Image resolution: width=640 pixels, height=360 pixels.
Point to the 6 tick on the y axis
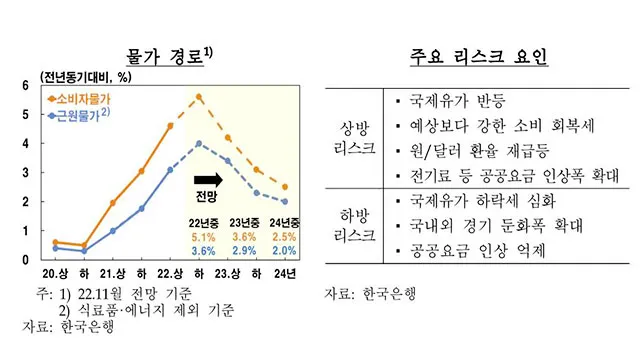(27, 86)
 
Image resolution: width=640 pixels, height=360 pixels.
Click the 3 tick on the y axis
(27, 173)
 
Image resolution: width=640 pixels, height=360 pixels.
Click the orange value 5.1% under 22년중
(203, 237)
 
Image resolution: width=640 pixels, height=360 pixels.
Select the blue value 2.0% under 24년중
(283, 252)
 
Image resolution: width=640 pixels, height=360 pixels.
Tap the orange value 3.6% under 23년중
(243, 237)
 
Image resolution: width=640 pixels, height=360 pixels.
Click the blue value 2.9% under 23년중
(243, 252)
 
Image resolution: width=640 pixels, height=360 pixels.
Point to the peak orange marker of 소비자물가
(199, 97)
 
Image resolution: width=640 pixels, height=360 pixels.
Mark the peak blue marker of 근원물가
(199, 143)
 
